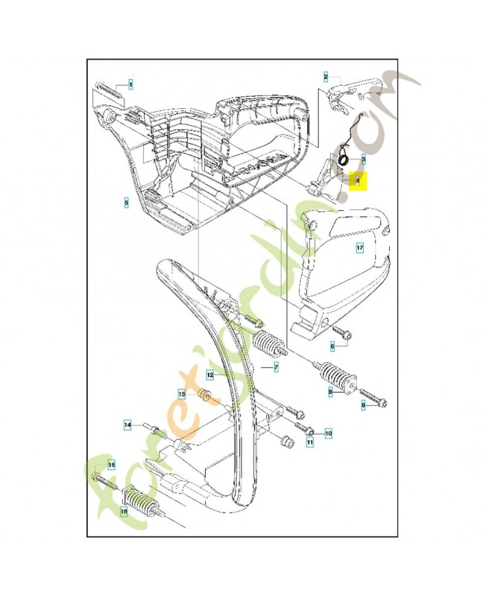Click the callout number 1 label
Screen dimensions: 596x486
tap(130, 85)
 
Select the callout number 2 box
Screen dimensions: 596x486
tap(326, 76)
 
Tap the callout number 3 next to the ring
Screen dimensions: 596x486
tap(363, 159)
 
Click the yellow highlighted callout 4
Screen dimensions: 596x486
tap(358, 180)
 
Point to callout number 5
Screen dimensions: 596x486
tap(127, 201)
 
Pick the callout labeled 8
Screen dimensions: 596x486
tap(329, 390)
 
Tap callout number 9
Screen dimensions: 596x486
tap(364, 405)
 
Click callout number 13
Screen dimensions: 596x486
tap(181, 393)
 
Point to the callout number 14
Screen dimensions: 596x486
tap(127, 425)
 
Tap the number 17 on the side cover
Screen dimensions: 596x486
tap(359, 248)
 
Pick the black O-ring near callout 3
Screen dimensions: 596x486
tap(343, 158)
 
